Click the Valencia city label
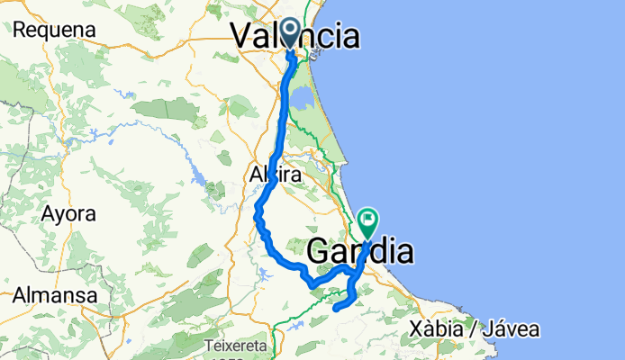(295, 36)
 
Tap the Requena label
(54, 30)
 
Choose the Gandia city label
(360, 251)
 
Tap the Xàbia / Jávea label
(475, 329)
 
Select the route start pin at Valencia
(291, 32)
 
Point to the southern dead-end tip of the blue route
(335, 309)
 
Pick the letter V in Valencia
(242, 36)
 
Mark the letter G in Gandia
(321, 251)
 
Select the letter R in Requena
(19, 30)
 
